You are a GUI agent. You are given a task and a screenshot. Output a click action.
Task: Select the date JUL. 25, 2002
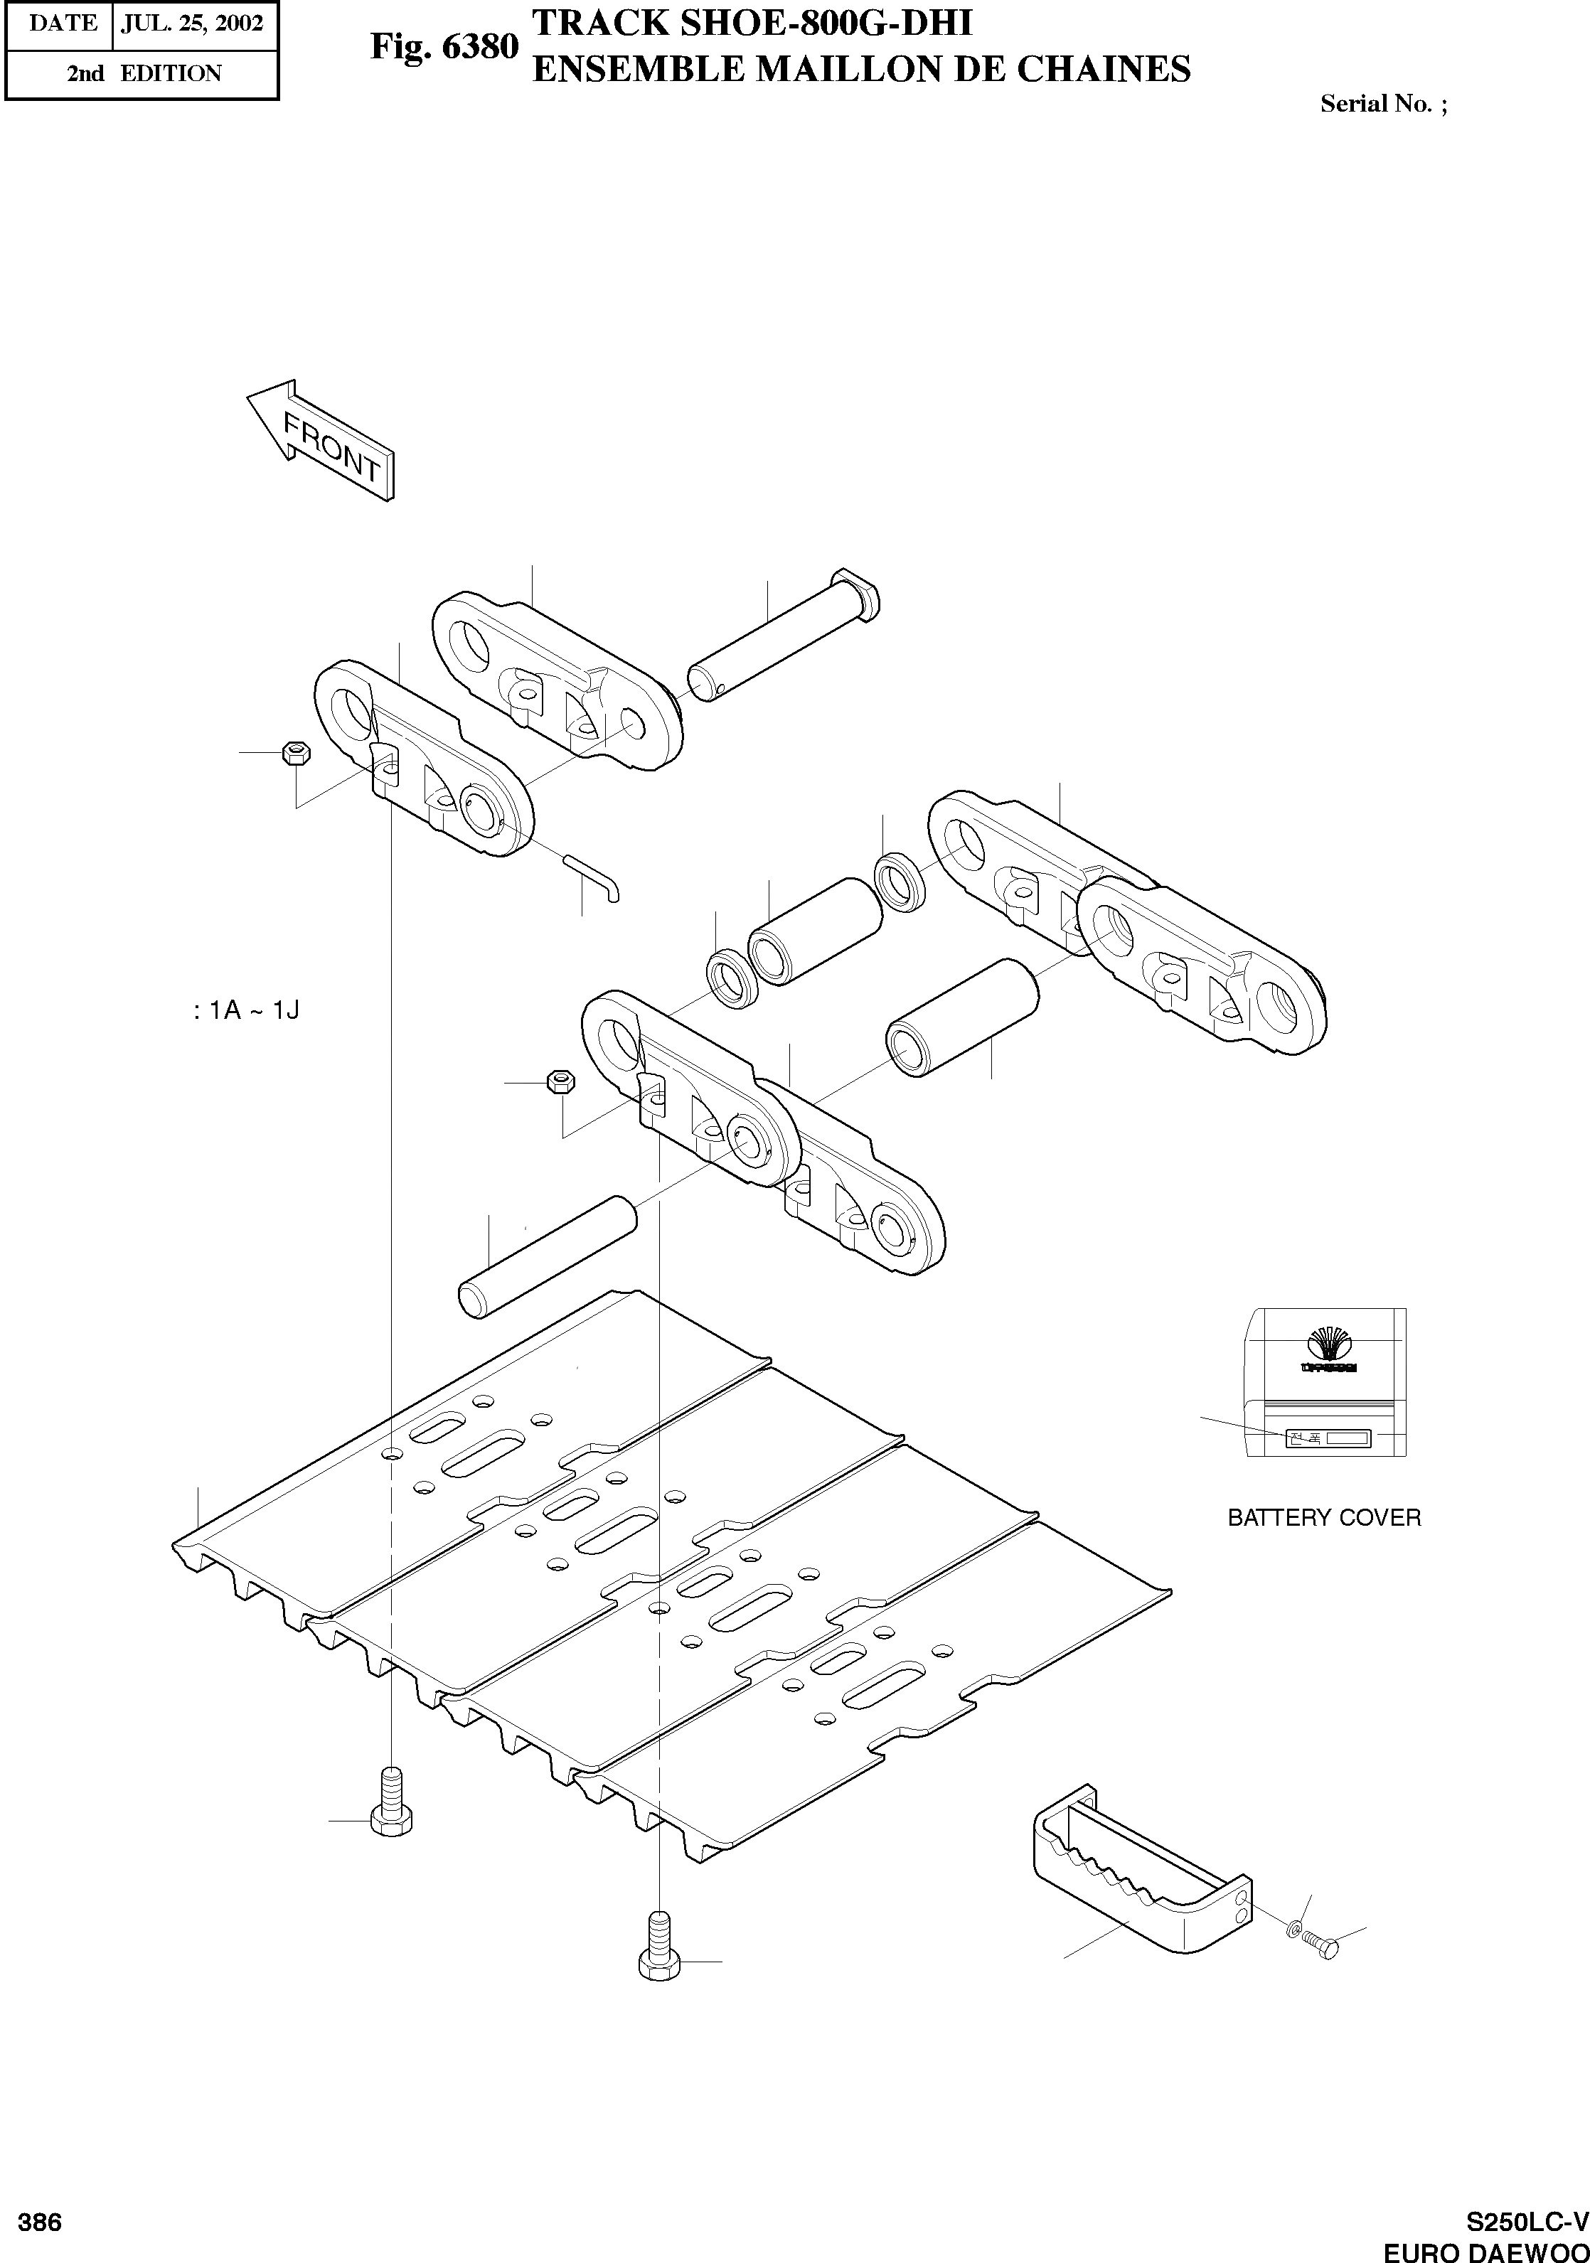(x=191, y=23)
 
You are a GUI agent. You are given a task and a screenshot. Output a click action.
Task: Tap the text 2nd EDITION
(x=144, y=73)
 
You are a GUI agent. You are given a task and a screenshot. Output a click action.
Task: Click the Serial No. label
(x=1383, y=105)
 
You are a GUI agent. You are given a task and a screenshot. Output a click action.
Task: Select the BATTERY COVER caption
(x=1324, y=1518)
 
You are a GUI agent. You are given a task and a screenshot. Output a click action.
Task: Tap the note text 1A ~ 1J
(x=247, y=1010)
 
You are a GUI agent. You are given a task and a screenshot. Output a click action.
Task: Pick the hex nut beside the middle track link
(x=560, y=1082)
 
